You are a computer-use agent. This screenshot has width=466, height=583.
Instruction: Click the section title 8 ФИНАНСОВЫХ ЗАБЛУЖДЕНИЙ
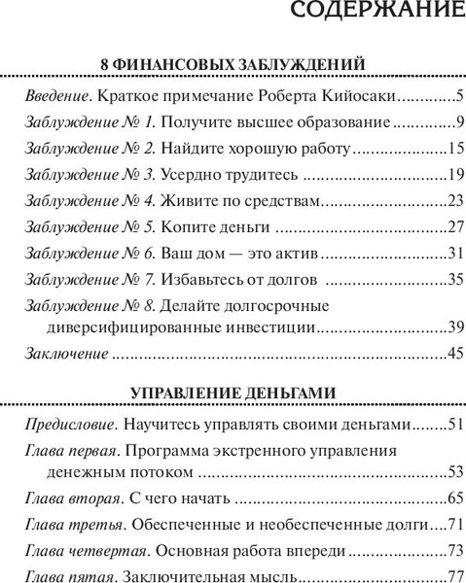233,64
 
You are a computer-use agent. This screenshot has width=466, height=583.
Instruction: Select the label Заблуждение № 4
89,204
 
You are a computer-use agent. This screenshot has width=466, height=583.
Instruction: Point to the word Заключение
63,354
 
